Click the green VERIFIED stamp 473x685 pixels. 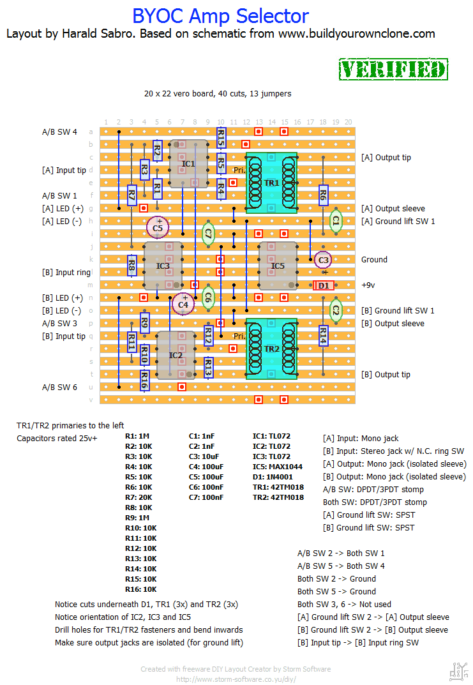(393, 69)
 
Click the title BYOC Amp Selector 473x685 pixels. (220, 16)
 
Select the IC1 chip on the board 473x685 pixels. (188, 164)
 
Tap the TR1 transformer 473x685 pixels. (272, 183)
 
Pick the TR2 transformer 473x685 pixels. (272, 349)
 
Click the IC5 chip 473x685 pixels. (278, 266)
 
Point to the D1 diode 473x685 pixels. (324, 285)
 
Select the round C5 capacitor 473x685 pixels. (158, 227)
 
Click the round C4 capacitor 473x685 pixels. (183, 304)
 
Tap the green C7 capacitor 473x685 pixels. (207, 234)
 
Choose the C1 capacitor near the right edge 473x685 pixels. (336, 221)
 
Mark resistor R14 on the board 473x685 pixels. (323, 336)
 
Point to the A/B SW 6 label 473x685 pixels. (59, 388)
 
